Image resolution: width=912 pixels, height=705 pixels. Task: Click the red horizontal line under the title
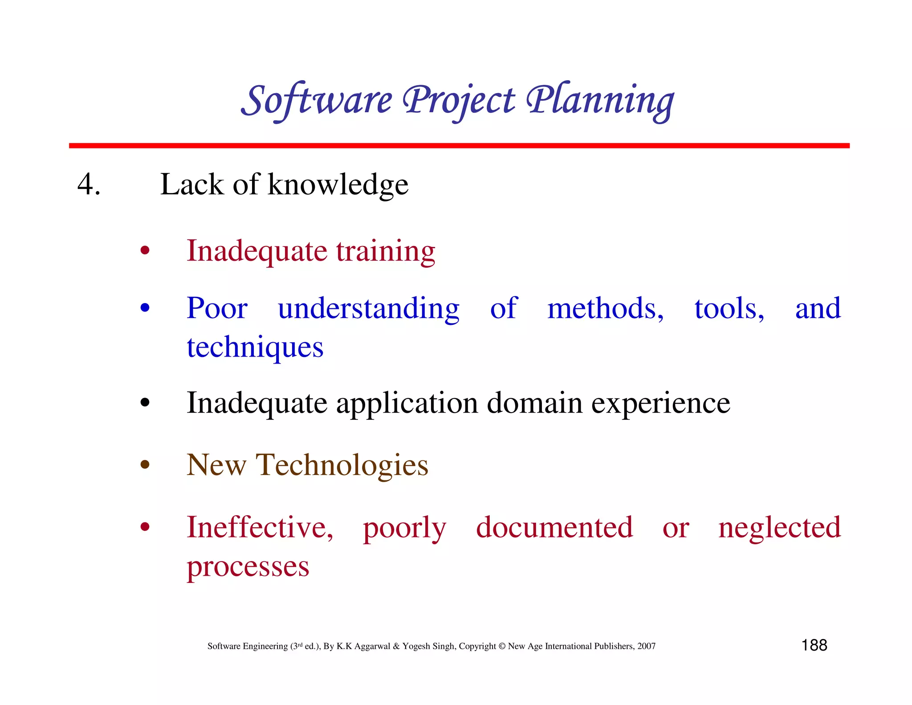[459, 146]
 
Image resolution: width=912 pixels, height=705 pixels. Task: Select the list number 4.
[89, 184]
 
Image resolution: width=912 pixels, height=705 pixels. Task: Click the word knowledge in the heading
[338, 184]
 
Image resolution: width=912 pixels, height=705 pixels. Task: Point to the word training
[385, 251]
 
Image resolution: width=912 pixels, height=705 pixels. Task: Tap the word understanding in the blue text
[368, 308]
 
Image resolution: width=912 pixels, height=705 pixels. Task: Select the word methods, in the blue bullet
[605, 308]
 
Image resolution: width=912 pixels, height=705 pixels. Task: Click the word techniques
[255, 347]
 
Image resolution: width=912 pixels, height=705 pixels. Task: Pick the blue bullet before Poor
[145, 308]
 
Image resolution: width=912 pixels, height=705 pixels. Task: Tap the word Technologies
[342, 465]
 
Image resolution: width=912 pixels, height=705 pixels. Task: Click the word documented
[554, 527]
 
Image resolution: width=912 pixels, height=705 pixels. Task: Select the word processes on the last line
[248, 567]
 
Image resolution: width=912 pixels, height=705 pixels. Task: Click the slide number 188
[814, 645]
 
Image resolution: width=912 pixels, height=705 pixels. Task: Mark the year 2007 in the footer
[646, 646]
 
